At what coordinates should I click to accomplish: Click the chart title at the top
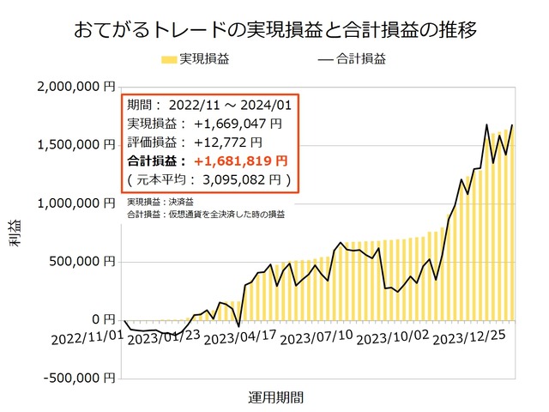click(x=274, y=28)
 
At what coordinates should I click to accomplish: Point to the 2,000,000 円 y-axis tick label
click(x=76, y=87)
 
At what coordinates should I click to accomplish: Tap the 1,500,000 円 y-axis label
click(x=76, y=145)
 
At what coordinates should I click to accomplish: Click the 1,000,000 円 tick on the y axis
click(x=76, y=203)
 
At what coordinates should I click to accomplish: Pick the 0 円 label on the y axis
click(x=102, y=319)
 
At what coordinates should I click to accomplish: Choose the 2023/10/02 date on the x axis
click(x=392, y=338)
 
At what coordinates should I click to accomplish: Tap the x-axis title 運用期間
click(x=274, y=397)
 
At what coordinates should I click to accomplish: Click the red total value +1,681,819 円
click(x=240, y=161)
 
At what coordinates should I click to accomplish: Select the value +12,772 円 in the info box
click(x=228, y=142)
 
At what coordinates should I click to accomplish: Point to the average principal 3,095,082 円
click(x=244, y=179)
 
